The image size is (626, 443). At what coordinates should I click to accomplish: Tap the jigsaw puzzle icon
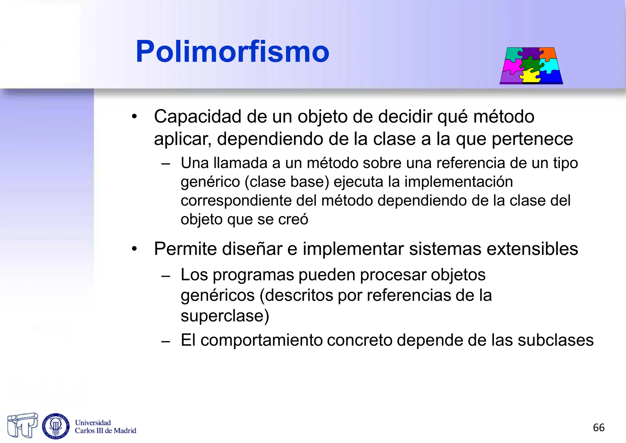[x=531, y=66]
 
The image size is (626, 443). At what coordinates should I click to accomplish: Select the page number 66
[x=598, y=428]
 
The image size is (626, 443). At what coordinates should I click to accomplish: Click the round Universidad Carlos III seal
[x=56, y=426]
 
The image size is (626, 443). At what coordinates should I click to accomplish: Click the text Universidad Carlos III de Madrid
[x=105, y=427]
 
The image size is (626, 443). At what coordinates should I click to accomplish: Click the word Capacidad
[x=197, y=117]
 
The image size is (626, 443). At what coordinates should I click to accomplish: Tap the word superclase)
[x=225, y=316]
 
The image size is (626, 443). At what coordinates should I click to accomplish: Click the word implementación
[x=458, y=182]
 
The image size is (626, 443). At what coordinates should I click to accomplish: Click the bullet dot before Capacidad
[x=134, y=117]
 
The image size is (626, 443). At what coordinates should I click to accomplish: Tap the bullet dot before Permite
[x=134, y=249]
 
